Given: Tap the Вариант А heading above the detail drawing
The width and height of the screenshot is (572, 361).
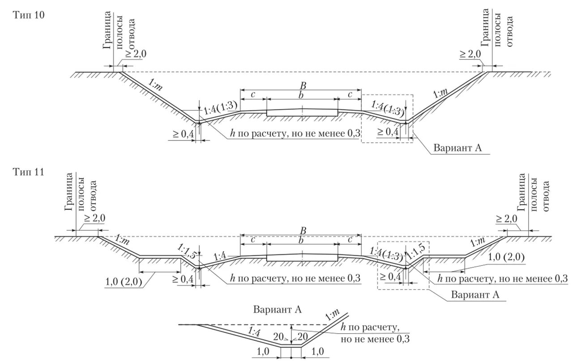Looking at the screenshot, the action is point(277,309).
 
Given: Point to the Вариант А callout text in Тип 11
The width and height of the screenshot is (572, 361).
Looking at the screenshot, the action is point(475,295).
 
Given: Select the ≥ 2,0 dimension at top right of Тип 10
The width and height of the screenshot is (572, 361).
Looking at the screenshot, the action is point(470,54).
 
